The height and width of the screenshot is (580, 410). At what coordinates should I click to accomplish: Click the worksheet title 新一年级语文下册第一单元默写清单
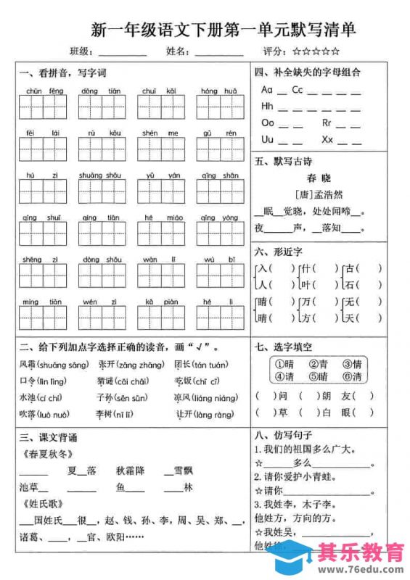[223, 30]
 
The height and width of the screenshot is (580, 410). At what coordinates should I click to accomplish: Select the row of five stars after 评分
[316, 51]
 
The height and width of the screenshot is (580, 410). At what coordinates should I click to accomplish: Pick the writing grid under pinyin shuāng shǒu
[102, 192]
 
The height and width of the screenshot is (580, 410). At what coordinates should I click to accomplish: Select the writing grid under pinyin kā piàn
[160, 318]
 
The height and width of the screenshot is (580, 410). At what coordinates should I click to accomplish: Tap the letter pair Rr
[327, 123]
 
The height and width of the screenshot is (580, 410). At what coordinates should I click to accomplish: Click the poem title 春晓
[319, 178]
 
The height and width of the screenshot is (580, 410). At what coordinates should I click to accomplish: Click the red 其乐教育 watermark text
[361, 552]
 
